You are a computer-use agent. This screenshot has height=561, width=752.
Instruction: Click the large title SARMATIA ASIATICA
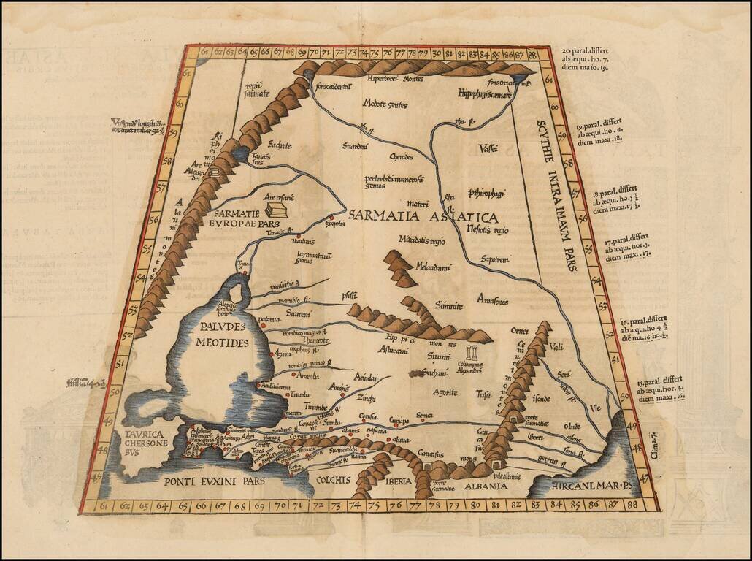(x=423, y=217)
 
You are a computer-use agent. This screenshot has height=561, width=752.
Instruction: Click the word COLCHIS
(x=332, y=480)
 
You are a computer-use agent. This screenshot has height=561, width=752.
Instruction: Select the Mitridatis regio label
(x=422, y=239)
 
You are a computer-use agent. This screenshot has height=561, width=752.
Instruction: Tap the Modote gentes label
(x=385, y=104)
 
